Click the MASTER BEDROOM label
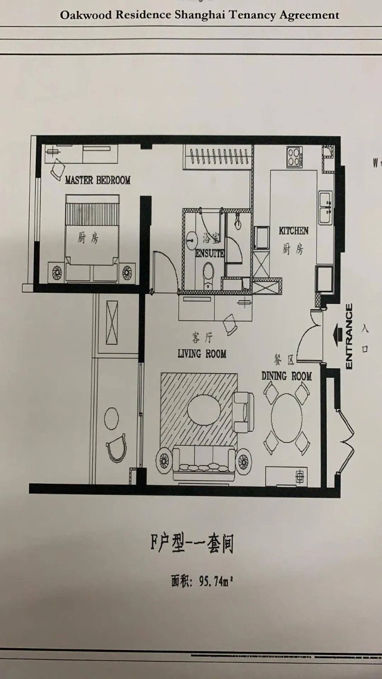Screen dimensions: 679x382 (98, 180)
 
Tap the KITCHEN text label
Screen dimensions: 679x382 (293, 231)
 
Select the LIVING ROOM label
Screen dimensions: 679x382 (202, 353)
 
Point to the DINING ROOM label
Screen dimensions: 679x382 (286, 376)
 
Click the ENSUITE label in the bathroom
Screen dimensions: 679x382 (210, 253)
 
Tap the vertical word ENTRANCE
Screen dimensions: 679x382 (349, 336)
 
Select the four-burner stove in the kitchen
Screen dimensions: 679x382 (294, 157)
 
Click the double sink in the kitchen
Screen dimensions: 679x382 (325, 208)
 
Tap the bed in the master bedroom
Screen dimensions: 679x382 (92, 237)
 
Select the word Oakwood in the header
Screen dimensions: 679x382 (86, 15)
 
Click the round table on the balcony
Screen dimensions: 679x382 (111, 419)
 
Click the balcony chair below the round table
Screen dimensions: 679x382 (116, 448)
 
